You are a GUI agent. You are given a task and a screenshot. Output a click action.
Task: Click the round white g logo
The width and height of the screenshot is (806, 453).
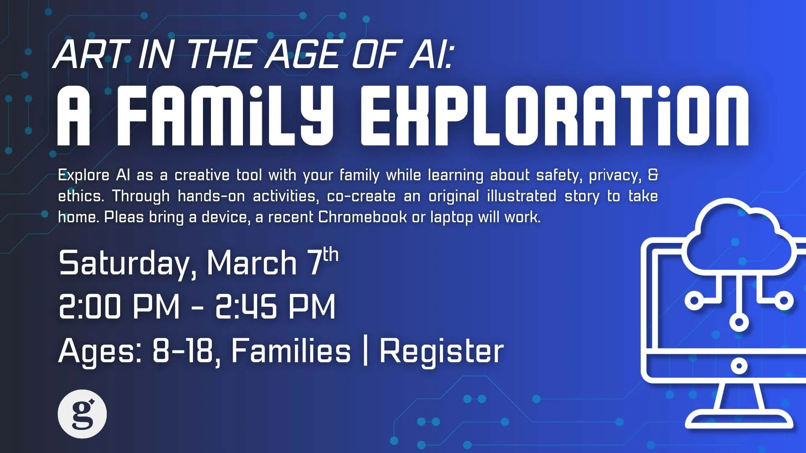click(82, 414)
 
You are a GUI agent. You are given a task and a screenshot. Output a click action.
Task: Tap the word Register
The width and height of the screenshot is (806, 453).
click(441, 351)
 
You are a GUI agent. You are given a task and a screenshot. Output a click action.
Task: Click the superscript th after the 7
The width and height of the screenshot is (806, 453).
click(331, 255)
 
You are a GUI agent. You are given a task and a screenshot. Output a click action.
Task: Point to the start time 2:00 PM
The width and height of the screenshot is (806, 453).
click(119, 306)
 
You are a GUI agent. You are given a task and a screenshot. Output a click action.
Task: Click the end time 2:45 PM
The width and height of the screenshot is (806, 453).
click(275, 306)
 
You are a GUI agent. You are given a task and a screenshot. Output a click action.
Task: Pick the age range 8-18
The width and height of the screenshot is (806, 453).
click(183, 351)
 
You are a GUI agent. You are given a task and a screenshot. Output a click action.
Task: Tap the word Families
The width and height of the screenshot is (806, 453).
click(291, 351)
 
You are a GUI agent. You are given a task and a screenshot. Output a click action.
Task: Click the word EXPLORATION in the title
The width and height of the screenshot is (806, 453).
click(555, 116)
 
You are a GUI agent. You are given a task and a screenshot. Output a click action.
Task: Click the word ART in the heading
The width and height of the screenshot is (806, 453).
click(90, 55)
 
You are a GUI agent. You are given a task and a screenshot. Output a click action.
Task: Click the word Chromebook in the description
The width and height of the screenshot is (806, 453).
click(362, 217)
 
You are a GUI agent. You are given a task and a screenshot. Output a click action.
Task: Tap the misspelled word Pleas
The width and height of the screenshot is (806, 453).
click(124, 217)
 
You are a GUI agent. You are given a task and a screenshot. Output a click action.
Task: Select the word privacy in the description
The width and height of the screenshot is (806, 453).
click(615, 175)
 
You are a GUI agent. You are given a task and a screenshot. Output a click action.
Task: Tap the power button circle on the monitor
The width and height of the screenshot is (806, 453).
click(739, 366)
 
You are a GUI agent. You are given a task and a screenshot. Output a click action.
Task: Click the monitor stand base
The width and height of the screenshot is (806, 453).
click(739, 420)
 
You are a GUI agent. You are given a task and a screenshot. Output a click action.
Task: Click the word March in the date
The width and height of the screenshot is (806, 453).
click(251, 263)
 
